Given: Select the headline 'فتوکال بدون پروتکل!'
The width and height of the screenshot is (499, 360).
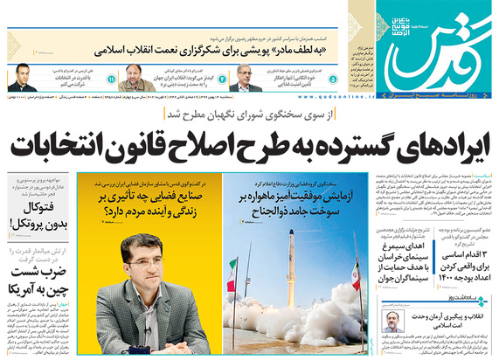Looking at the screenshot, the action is point(36,216).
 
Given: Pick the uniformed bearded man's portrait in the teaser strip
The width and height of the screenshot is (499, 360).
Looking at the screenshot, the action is point(135,85).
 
